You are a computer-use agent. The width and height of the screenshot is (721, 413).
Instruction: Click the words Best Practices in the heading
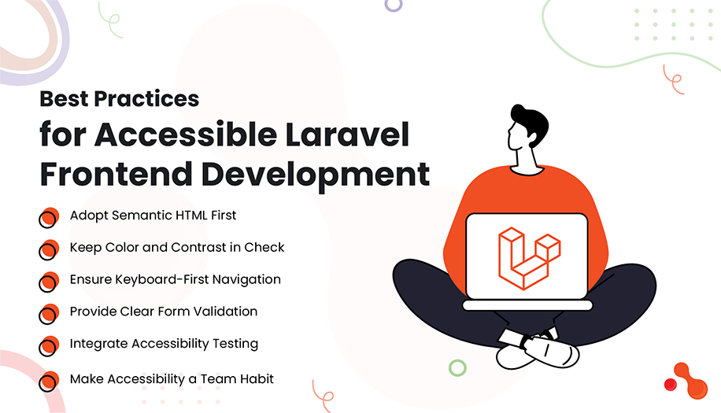(119, 99)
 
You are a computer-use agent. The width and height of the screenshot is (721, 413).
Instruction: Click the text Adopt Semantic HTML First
(153, 215)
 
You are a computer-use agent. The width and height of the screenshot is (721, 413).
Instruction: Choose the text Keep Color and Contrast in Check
(177, 247)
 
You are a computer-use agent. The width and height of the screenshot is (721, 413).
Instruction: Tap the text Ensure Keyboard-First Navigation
(175, 279)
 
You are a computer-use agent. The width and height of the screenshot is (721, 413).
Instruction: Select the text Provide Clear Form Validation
(163, 312)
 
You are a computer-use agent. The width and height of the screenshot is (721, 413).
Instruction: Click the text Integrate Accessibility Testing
(164, 344)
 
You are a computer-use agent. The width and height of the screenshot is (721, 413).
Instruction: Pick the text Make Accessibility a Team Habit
(172, 379)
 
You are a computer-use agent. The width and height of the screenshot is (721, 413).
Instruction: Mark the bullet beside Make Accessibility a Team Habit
(49, 381)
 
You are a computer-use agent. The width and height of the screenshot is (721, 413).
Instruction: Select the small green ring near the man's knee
(457, 367)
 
